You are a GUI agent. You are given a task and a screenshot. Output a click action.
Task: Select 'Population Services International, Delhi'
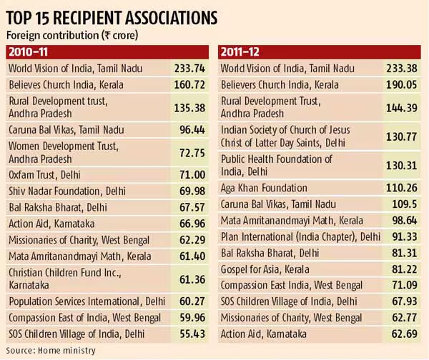pyautogui.click(x=86, y=299)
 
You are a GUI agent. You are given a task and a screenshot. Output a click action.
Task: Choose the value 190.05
pyautogui.click(x=402, y=85)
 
